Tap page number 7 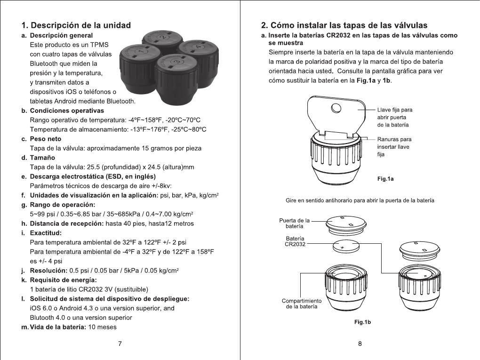pyautogui.click(x=120, y=344)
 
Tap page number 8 pyautogui.click(x=360, y=344)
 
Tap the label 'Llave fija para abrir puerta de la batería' pyautogui.click(x=395, y=117)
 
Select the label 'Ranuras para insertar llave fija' pyautogui.click(x=394, y=146)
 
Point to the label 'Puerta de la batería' pyautogui.click(x=294, y=223)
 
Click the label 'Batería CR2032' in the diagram pyautogui.click(x=294, y=241)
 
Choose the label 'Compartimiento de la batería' pyautogui.click(x=301, y=304)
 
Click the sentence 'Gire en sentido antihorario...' pyautogui.click(x=360, y=200)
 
